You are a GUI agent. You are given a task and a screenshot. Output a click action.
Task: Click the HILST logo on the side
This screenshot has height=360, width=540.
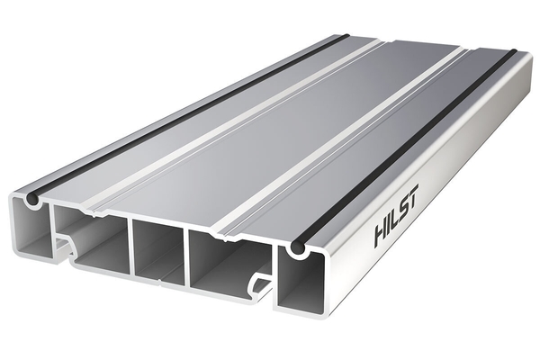pos(396,216)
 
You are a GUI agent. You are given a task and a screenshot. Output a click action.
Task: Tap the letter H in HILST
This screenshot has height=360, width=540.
pos(381,236)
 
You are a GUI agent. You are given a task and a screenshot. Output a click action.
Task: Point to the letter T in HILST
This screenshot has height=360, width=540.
pos(413,195)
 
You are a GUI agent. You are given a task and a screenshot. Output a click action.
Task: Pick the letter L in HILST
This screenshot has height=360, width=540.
pos(395,218)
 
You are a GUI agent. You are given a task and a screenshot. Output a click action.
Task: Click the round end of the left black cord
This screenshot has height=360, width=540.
pos(33,199)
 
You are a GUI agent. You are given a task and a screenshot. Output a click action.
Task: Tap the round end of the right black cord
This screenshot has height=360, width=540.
pos(296,247)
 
